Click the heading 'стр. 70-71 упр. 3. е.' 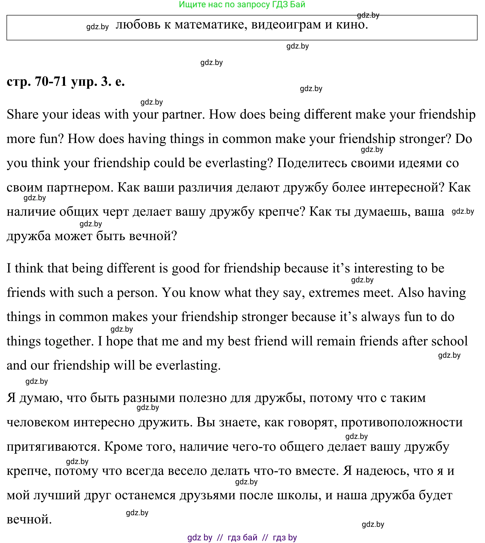click(65, 81)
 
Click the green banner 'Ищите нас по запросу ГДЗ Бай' click(242, 5)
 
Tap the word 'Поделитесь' click(312, 163)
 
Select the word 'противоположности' click(402, 422)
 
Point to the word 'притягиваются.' click(53, 447)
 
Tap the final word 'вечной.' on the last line click(29, 520)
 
